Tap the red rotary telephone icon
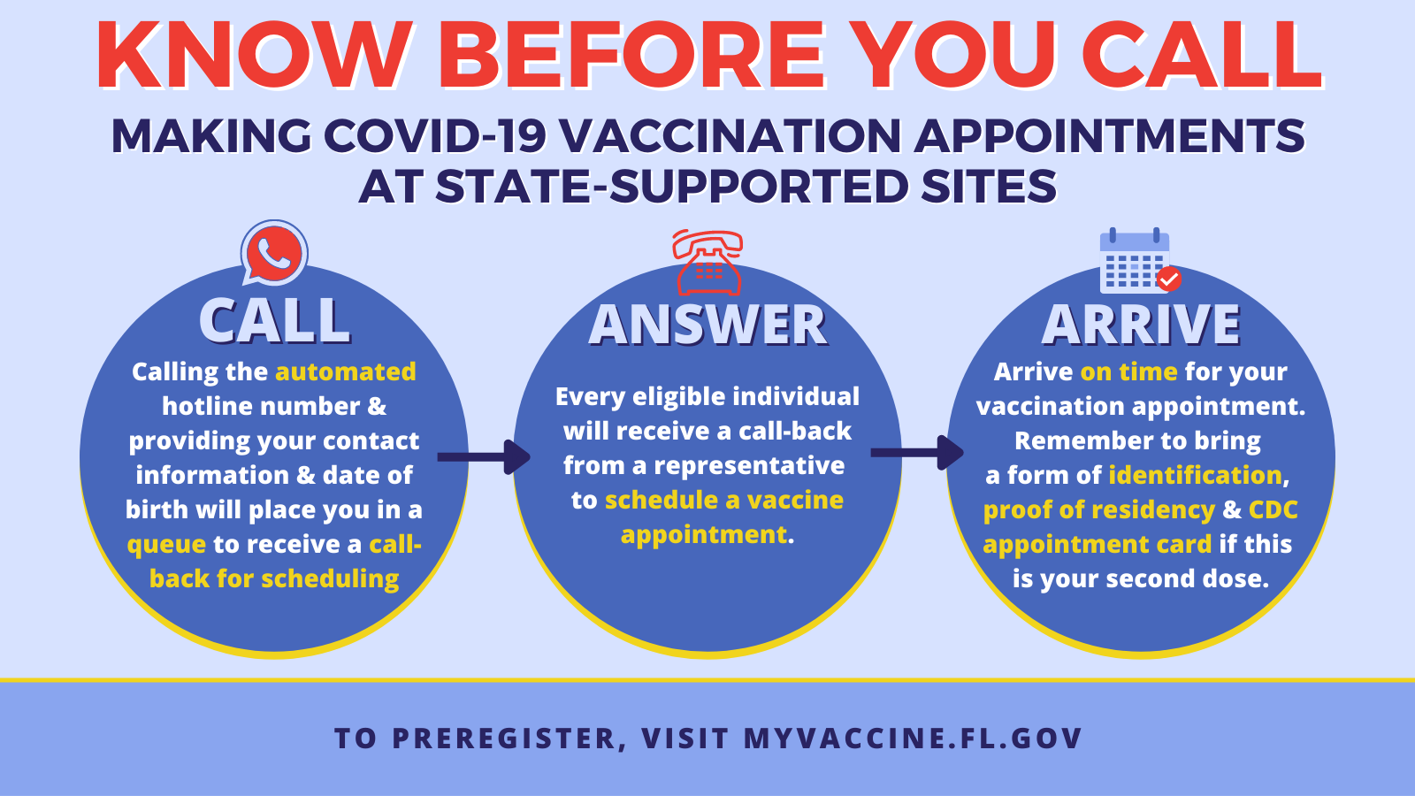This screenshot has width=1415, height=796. click(x=707, y=263)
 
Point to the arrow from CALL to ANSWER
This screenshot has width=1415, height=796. click(x=484, y=456)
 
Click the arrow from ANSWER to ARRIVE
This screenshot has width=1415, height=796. click(x=917, y=453)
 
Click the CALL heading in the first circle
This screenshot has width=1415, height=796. click(x=275, y=320)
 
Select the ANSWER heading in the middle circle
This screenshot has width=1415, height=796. click(x=707, y=325)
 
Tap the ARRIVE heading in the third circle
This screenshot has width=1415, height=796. click(x=1141, y=325)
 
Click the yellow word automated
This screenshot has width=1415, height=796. click(x=346, y=371)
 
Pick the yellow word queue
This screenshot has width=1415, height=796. click(x=167, y=545)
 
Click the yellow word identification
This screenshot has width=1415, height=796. click(x=1195, y=475)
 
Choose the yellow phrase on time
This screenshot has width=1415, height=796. click(x=1128, y=371)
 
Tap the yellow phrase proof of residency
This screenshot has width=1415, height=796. click(x=1099, y=509)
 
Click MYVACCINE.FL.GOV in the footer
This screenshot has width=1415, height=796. click(x=913, y=739)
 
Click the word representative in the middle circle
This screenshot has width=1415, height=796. click(x=748, y=466)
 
